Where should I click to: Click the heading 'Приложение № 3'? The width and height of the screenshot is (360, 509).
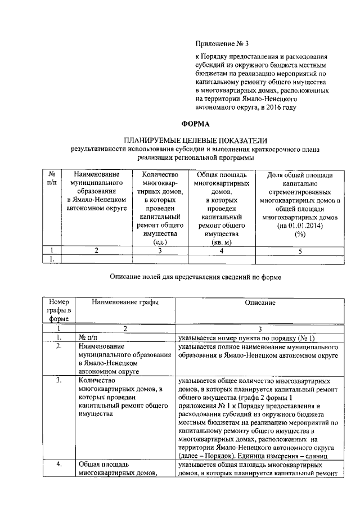[x=219, y=43]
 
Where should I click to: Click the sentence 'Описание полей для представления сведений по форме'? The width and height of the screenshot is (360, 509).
[x=194, y=277]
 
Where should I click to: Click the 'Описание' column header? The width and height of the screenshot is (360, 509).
[x=259, y=303]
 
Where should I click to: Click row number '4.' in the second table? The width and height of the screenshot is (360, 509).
[x=58, y=466]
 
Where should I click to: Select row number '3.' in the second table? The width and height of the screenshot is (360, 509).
[x=58, y=380]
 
